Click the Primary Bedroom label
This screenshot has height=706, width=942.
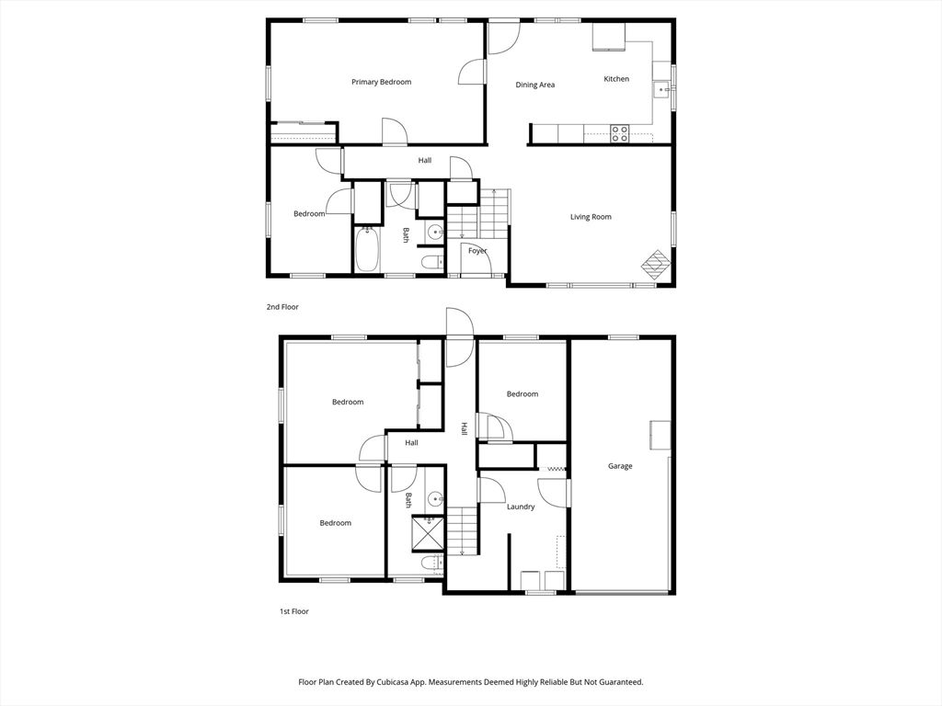(382, 82)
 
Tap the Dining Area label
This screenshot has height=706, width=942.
(535, 85)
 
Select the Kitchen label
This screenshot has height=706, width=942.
(616, 79)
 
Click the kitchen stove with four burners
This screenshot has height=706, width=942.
(619, 133)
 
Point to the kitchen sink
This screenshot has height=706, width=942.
(662, 89)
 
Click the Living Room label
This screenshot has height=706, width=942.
(591, 217)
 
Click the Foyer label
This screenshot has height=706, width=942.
(477, 251)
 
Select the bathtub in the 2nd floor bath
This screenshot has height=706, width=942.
(366, 249)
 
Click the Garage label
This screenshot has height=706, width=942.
(620, 466)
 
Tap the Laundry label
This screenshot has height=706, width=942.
(521, 507)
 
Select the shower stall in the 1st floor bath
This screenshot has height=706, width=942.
(428, 532)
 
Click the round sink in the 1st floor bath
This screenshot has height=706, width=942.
(435, 499)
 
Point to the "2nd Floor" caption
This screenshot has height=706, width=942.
(282, 307)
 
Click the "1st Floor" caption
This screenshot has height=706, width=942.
(293, 611)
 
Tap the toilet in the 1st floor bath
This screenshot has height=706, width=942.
(432, 563)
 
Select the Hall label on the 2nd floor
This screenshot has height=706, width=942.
(425, 160)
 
